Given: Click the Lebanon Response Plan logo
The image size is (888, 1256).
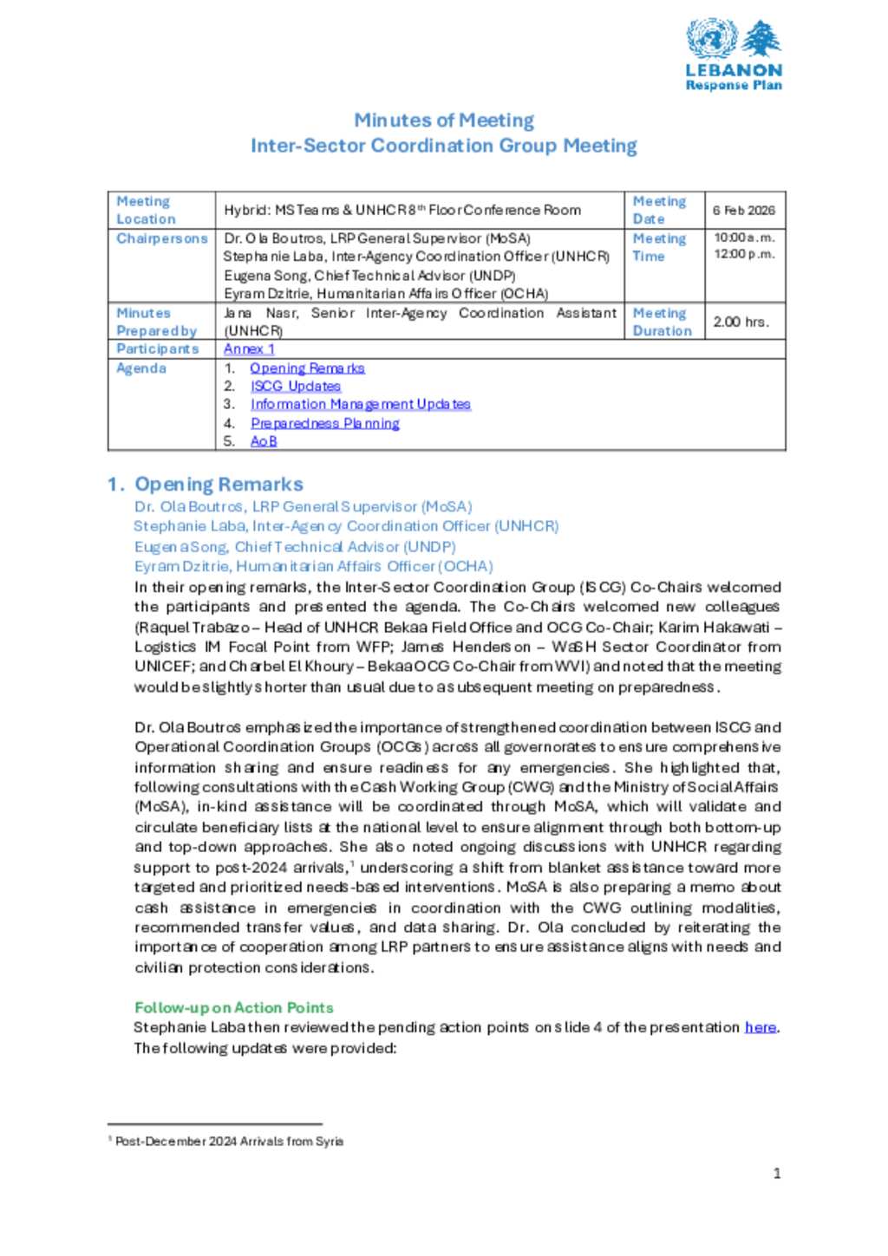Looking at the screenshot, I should (x=734, y=54).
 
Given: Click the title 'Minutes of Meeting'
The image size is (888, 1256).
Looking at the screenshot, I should (x=443, y=120).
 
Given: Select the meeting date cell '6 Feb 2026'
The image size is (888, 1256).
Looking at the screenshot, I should (x=744, y=211).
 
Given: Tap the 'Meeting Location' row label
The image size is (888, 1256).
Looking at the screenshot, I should (x=146, y=211).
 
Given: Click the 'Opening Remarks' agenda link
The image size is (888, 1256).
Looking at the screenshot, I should (x=307, y=368).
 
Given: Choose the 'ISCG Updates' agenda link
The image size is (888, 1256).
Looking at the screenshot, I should (x=295, y=387).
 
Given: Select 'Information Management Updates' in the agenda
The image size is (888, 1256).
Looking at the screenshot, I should (x=360, y=405).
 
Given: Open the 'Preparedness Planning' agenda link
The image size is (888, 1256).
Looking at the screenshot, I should (x=324, y=423).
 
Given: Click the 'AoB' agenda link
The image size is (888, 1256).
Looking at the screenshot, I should (x=264, y=441).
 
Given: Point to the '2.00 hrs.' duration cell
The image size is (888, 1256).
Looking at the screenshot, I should (x=741, y=322).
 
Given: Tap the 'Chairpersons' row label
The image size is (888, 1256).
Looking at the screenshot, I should (x=162, y=238).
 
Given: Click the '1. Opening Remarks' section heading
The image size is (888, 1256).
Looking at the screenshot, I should (x=206, y=484).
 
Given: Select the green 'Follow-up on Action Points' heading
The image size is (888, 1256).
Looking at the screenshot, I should (x=233, y=1007).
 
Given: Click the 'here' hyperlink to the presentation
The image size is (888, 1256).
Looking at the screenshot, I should (x=760, y=1027).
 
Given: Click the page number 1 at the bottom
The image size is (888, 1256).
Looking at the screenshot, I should (x=776, y=1174).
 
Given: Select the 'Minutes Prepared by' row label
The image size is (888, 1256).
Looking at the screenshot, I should (x=156, y=322).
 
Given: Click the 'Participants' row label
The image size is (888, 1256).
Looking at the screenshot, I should (x=157, y=349).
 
